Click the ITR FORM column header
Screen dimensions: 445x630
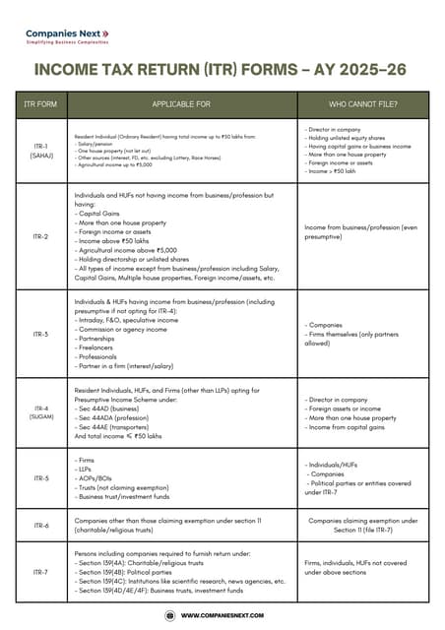[41, 103]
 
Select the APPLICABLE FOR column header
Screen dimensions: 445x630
[181, 103]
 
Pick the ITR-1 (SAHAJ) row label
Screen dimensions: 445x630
[41, 152]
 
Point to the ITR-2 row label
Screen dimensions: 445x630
[41, 236]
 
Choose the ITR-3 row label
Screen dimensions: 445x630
[41, 334]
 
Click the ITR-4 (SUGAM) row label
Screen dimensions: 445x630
[41, 412]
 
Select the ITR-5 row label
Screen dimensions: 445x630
[41, 478]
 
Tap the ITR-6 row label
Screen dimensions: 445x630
[41, 526]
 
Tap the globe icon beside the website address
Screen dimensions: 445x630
[168, 615]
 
